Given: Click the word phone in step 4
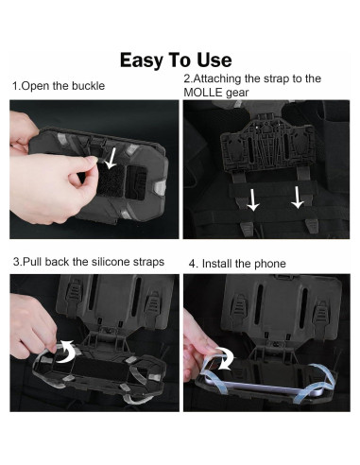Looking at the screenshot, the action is click(270, 264).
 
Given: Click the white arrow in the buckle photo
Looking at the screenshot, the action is click(111, 159).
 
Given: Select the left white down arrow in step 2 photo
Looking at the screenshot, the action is click(252, 199).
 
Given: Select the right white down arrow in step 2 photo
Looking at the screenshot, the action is click(297, 198).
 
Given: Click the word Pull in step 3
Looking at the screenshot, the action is click(32, 262).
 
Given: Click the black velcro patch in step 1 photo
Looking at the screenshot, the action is click(111, 182).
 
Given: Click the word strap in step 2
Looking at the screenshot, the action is click(277, 78).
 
